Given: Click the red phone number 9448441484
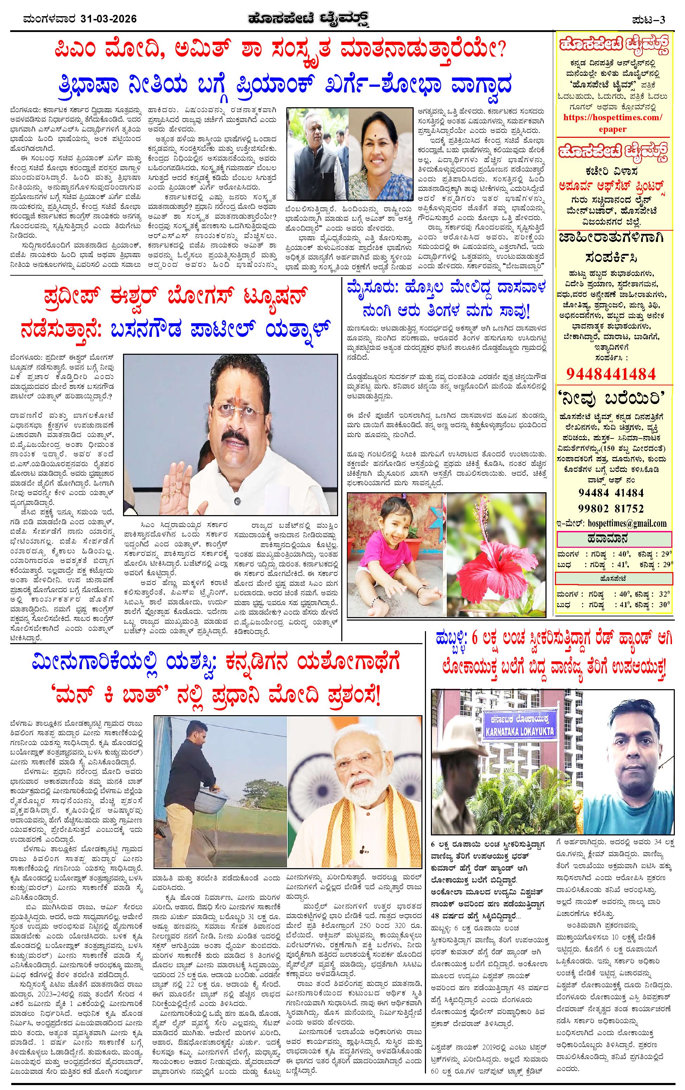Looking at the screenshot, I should coord(611,373).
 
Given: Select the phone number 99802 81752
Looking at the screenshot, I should coord(611,508).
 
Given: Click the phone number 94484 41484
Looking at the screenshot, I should coord(611,493).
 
